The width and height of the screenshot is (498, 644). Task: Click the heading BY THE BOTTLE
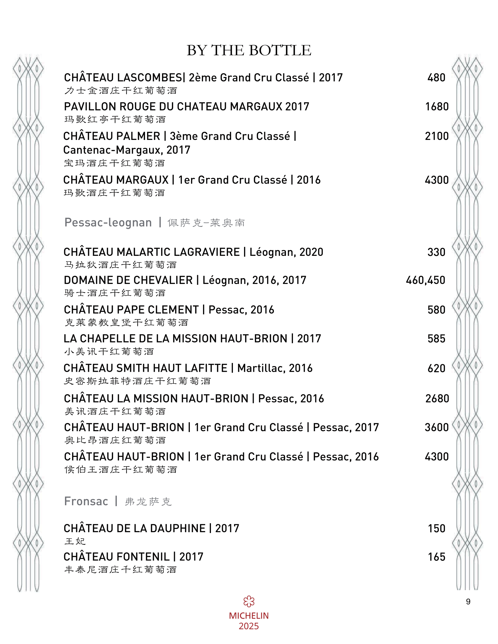coord(249,50)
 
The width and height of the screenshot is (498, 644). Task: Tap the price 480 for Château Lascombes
coord(436,78)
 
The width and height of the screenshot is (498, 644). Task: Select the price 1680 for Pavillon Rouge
coord(437,107)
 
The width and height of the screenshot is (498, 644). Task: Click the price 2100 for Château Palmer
coord(437,136)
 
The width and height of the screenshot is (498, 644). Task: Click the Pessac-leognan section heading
coord(108,222)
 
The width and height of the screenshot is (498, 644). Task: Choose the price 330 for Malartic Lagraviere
coord(436,252)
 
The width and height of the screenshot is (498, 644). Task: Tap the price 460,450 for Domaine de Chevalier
coord(425,280)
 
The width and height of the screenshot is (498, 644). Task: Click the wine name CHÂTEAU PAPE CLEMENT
coord(131,310)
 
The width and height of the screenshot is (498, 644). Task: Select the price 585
coord(436,338)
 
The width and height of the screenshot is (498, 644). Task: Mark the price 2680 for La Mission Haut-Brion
coord(437,398)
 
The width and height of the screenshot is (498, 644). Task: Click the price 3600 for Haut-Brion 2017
coord(437,427)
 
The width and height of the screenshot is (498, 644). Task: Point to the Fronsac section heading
coord(86,501)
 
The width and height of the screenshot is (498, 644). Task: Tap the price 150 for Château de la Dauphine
coord(437,528)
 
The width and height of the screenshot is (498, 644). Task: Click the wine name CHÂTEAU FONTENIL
coord(117,557)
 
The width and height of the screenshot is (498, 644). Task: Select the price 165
coord(437,557)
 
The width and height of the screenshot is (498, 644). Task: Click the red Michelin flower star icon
coord(249,602)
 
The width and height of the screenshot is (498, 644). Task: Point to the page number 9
coord(468,602)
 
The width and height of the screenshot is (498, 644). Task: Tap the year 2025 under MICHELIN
coord(249,626)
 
